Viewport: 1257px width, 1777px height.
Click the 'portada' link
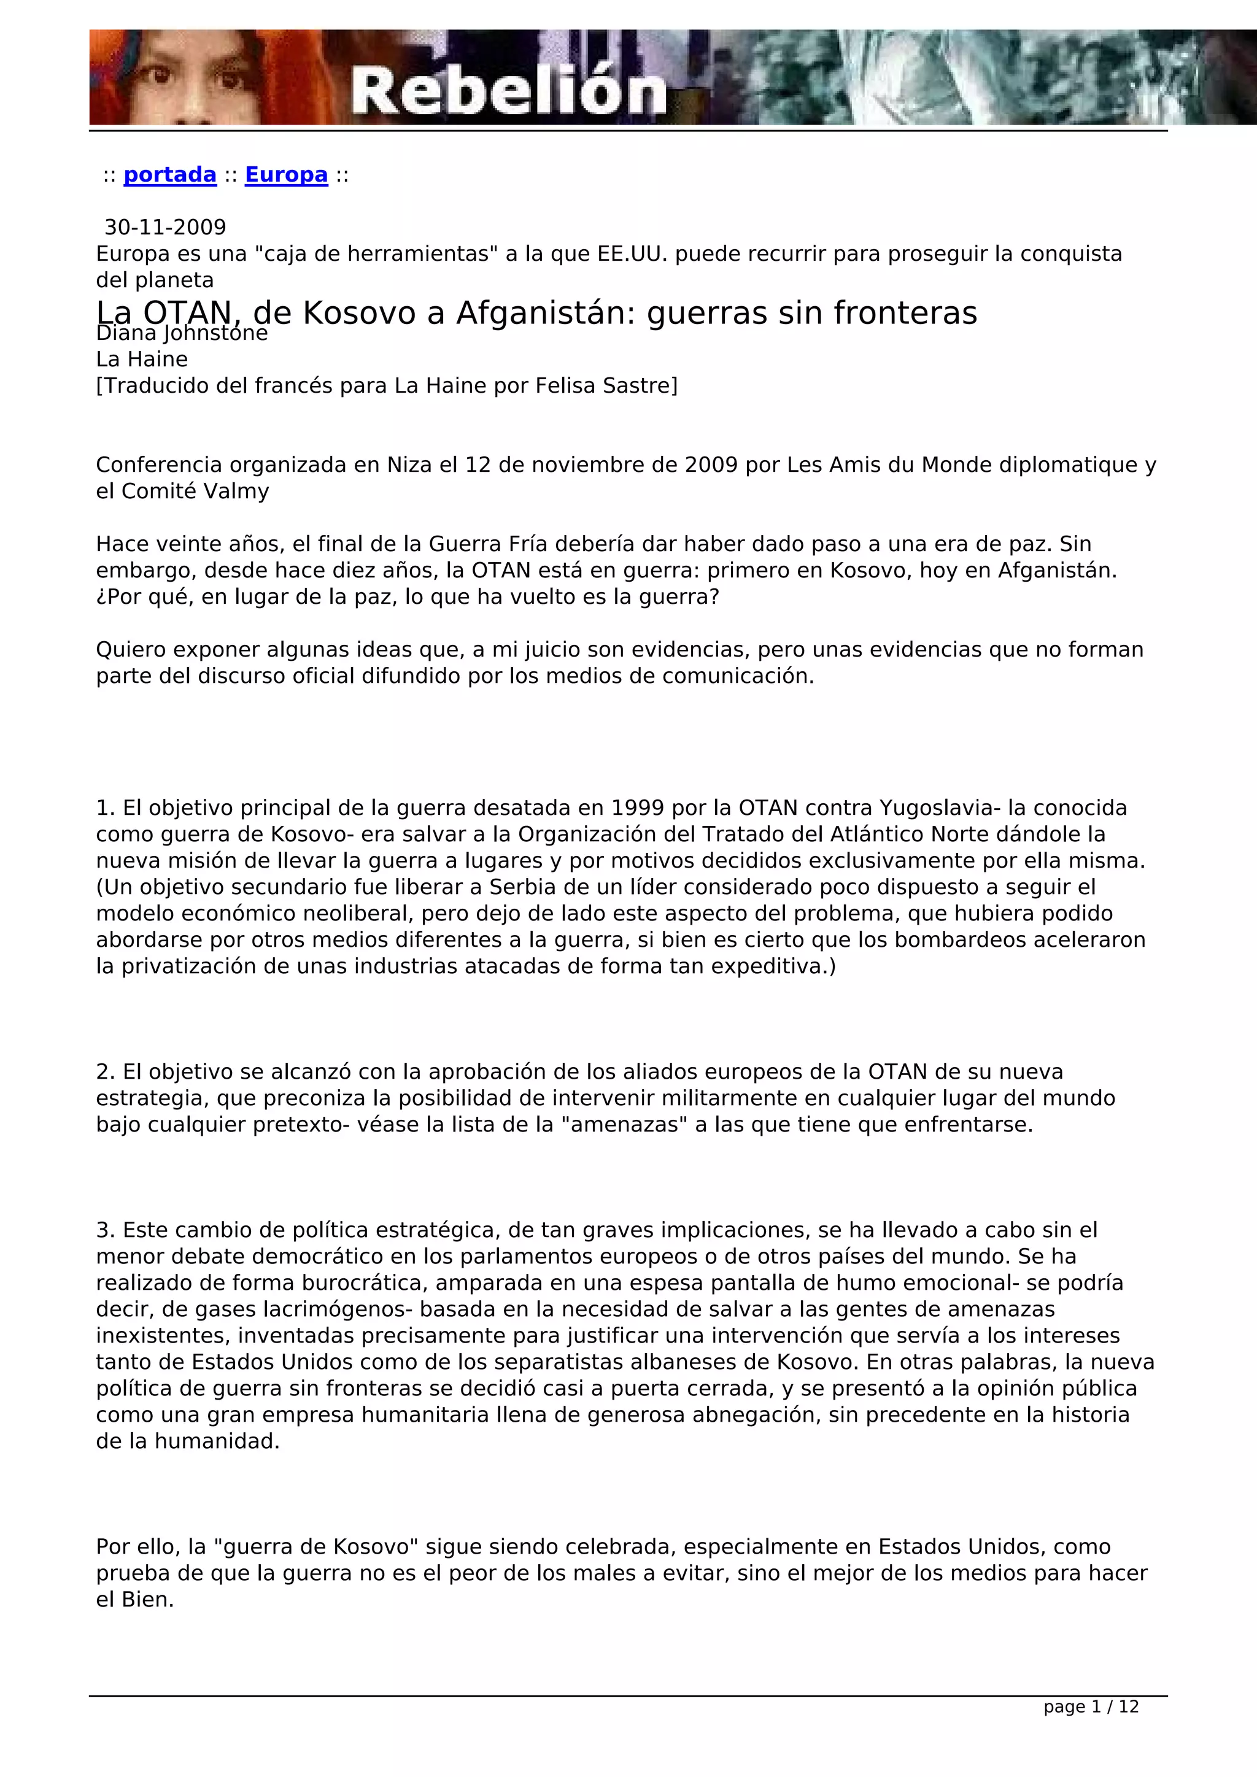[169, 175]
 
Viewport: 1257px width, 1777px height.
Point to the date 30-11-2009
[165, 228]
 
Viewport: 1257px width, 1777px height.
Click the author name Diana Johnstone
[182, 334]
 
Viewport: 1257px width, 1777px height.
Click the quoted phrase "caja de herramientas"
[376, 254]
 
